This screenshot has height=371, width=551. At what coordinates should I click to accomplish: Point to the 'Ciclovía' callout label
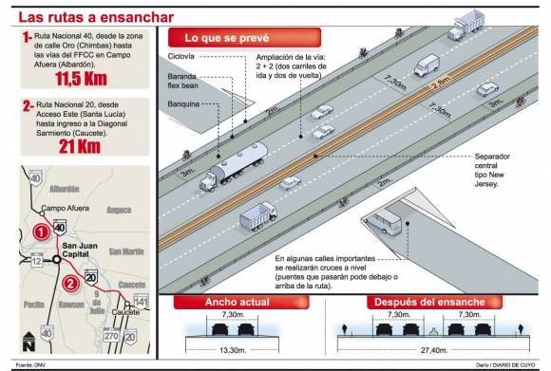[x=184, y=57]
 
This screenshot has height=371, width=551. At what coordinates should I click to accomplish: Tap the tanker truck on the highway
[x=234, y=163]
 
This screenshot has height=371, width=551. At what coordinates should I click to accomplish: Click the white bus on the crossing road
[x=387, y=224]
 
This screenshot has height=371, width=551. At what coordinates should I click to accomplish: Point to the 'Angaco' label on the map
[x=120, y=209]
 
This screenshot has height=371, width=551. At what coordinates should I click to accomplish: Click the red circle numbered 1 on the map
[x=41, y=231]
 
